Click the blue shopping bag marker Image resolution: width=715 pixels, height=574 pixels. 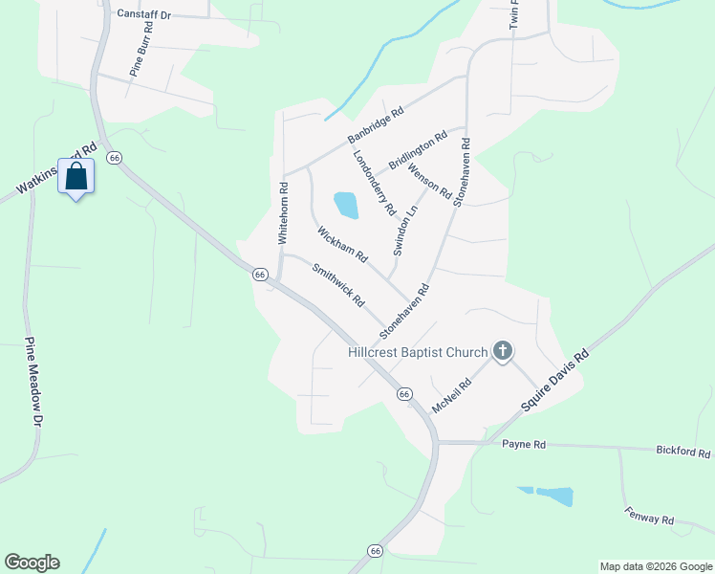76,177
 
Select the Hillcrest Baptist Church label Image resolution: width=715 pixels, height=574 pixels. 419,353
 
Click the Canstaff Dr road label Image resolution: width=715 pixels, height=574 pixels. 143,15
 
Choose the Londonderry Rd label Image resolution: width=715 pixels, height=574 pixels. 374,182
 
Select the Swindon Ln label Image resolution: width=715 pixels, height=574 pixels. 406,230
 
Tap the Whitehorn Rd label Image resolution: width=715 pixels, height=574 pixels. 283,213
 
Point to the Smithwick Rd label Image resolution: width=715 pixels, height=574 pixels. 338,285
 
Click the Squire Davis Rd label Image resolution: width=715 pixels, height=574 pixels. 556,381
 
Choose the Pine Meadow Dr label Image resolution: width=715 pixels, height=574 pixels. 34,383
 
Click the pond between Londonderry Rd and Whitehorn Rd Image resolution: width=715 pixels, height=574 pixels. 346,204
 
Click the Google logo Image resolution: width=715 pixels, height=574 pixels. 32,563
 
